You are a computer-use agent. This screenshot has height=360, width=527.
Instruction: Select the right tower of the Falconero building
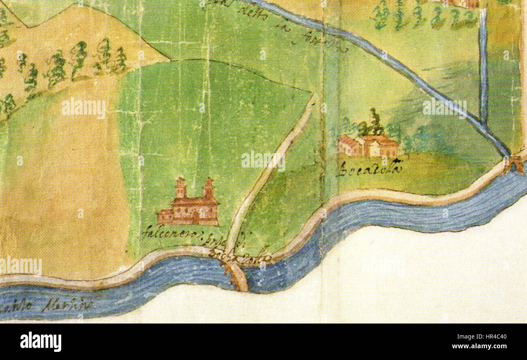[x=209, y=189]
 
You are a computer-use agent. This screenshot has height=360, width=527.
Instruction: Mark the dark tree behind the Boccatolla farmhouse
[x=375, y=122]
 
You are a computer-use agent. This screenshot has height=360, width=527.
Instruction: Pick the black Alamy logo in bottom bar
[x=41, y=341]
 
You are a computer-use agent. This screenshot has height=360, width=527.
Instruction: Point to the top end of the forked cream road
[x=314, y=96]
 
